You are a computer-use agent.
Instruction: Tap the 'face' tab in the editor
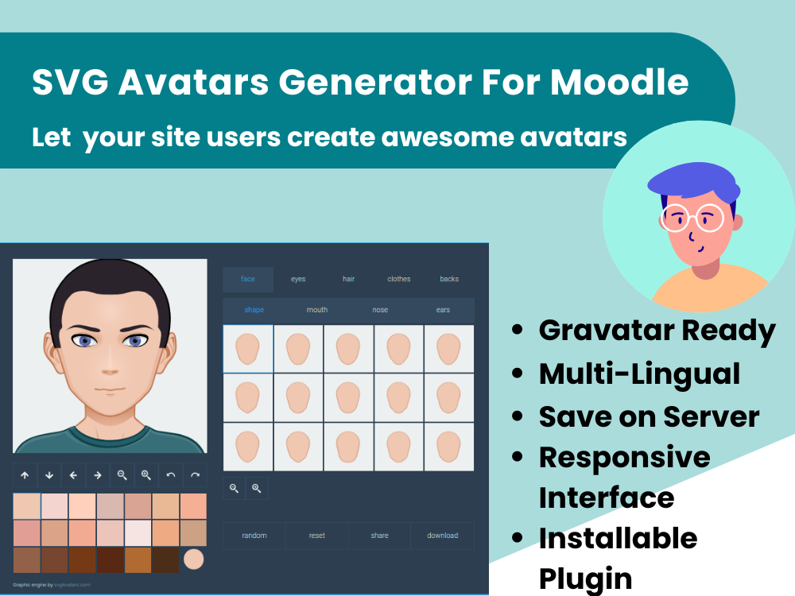click(x=248, y=279)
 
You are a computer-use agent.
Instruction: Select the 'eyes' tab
click(x=298, y=279)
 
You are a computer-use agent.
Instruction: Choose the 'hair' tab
click(x=348, y=279)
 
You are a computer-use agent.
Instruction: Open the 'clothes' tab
click(x=399, y=279)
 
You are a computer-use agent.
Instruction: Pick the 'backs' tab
click(x=449, y=279)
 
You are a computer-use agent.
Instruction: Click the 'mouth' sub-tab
click(x=317, y=310)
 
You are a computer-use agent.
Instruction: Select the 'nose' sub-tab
click(x=380, y=310)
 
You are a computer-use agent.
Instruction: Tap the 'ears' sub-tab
click(x=443, y=310)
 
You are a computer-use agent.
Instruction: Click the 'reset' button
click(x=317, y=536)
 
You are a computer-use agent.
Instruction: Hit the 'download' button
click(x=443, y=536)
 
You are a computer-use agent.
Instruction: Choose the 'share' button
click(x=380, y=536)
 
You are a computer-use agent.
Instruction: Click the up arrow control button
click(x=25, y=475)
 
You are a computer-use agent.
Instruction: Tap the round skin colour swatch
click(x=193, y=559)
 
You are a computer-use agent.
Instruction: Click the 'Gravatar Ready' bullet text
click(x=657, y=331)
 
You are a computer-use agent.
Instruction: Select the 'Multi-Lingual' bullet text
click(x=639, y=373)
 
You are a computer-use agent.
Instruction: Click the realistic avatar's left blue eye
click(x=85, y=341)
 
